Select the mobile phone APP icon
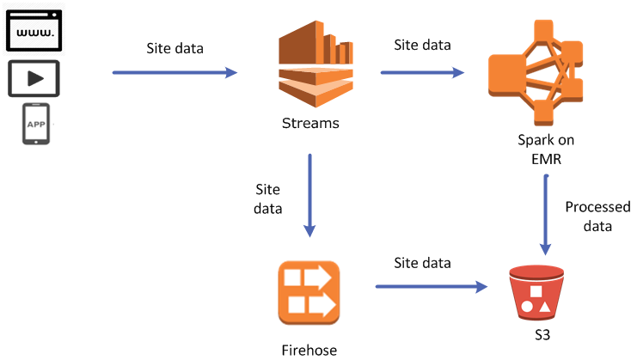coord(35,124)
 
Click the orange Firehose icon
coord(309,292)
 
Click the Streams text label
coord(310,123)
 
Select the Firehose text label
coord(309,350)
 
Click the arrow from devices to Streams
coord(175,73)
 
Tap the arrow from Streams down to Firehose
coord(309,195)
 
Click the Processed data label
coord(597,217)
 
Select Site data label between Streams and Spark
coord(422,45)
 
